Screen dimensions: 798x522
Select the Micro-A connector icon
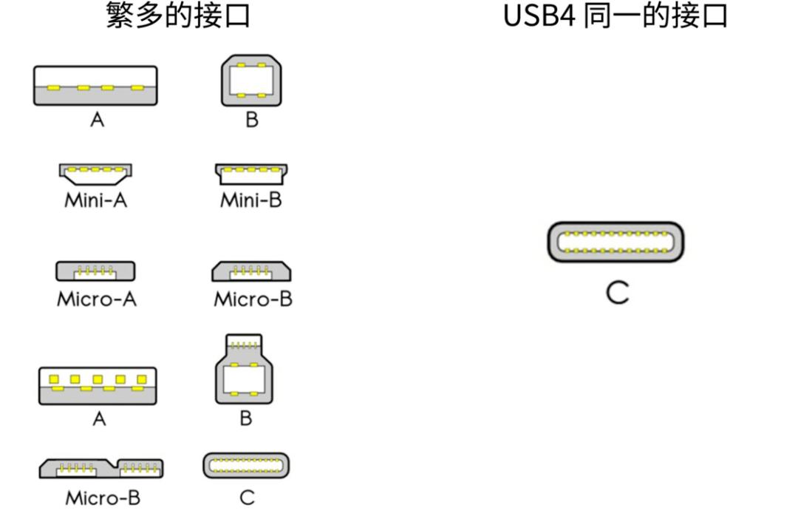pos(95,271)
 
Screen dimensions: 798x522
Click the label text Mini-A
pos(95,200)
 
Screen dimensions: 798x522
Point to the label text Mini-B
pos(251,200)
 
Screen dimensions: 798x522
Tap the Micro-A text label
pos(97,299)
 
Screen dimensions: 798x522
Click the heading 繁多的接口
pos(178,16)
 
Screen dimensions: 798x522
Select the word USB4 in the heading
pos(539,16)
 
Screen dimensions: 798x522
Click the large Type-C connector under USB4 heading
pos(615,242)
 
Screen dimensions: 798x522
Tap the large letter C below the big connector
pos(618,293)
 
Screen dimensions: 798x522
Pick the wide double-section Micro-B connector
pos(101,468)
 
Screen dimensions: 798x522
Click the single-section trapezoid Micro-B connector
pos(251,271)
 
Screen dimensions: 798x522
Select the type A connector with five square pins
pos(98,386)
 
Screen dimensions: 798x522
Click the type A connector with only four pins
pos(95,86)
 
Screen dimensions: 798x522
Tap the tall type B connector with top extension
pos(245,369)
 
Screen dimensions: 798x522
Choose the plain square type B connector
pos(251,81)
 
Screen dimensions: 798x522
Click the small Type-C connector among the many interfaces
pos(246,466)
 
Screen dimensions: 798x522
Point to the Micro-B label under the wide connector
pos(103,498)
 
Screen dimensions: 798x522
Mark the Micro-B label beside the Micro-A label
pos(253,299)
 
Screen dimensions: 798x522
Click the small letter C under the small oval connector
pos(248,498)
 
